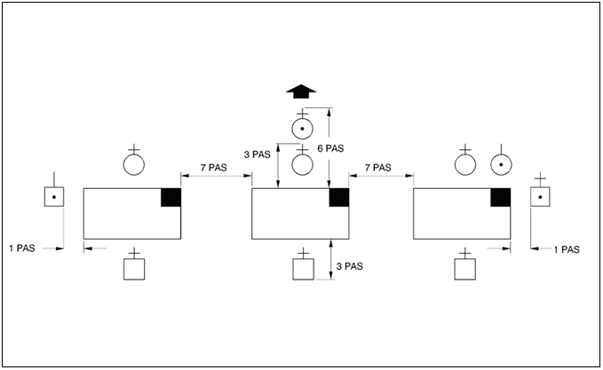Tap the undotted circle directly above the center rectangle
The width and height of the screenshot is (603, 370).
(303, 164)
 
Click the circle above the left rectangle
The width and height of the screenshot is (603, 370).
(133, 164)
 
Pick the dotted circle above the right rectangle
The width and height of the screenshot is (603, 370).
(501, 164)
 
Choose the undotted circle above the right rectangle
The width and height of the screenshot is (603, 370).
(464, 164)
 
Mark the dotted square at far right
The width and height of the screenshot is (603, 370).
(540, 197)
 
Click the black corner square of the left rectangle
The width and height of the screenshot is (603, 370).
(171, 198)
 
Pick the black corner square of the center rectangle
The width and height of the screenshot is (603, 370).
(338, 198)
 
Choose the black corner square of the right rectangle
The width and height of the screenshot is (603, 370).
(501, 198)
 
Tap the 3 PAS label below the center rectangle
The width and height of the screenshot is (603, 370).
(348, 266)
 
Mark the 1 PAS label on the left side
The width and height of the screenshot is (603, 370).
(21, 248)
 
